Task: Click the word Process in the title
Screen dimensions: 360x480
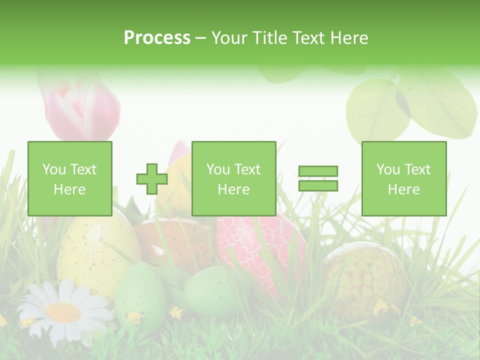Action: (x=157, y=38)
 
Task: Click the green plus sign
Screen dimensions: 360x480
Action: (x=152, y=179)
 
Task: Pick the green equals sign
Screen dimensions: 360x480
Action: (x=318, y=179)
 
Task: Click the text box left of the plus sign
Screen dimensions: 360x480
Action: (x=70, y=179)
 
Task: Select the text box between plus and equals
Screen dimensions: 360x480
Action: (x=233, y=179)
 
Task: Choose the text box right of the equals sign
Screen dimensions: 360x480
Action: (x=403, y=179)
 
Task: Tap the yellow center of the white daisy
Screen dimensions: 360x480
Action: (x=63, y=312)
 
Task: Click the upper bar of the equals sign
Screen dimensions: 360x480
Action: (x=318, y=171)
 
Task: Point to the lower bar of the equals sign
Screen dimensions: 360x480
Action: (x=318, y=186)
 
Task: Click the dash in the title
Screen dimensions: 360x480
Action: (x=201, y=38)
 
